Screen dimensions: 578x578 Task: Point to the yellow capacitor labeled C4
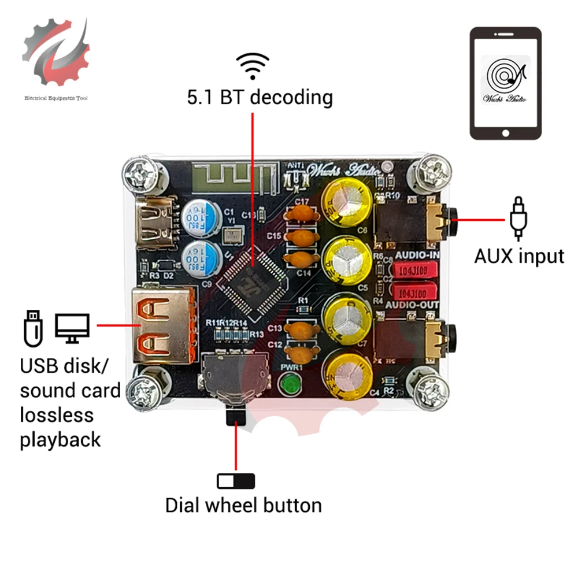point(347,374)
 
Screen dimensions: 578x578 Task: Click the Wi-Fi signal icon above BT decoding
point(253,66)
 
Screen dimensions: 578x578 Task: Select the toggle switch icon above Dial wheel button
point(236,481)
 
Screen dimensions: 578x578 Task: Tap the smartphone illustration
point(506,83)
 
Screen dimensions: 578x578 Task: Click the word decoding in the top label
point(292,97)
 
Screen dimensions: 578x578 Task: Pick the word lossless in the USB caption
point(57,415)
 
